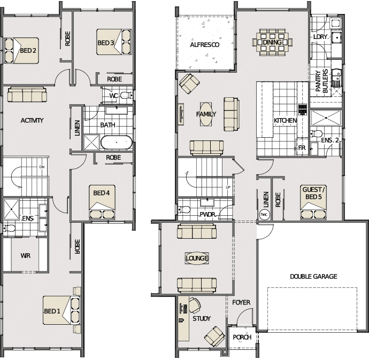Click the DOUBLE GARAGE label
(x=313, y=276)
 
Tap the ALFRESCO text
(x=204, y=45)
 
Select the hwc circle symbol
(x=263, y=214)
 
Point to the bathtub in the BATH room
(x=117, y=143)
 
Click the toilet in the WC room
(x=126, y=96)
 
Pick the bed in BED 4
(x=102, y=202)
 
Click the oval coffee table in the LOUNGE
(x=197, y=259)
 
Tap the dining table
(x=272, y=42)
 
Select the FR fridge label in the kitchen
(x=302, y=148)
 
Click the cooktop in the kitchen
(x=303, y=109)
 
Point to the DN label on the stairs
(x=42, y=167)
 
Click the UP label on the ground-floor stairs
(x=228, y=187)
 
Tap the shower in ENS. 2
(x=326, y=118)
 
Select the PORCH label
(x=242, y=337)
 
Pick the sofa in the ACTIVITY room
(x=27, y=95)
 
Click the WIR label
(x=25, y=255)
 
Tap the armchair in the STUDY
(x=214, y=336)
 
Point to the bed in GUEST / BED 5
(x=313, y=202)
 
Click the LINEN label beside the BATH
(x=77, y=128)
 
